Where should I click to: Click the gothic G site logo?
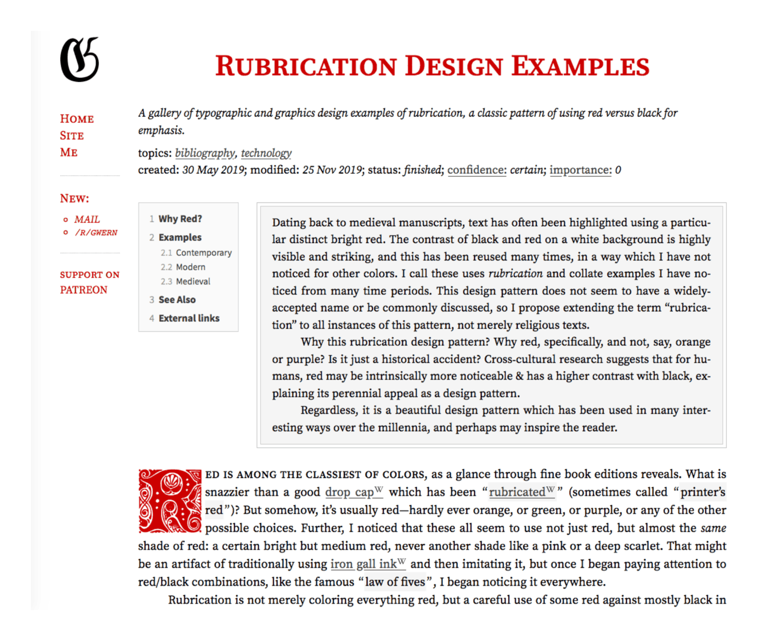point(79,60)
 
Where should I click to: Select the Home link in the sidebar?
point(77,119)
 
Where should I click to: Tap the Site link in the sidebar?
point(72,136)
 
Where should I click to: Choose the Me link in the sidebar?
point(69,152)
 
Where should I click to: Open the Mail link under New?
point(87,219)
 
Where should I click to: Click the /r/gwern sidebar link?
point(96,233)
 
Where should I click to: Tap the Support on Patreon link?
point(89,282)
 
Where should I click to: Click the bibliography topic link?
point(205,153)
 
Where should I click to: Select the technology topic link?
point(266,153)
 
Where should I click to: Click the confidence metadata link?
point(476,170)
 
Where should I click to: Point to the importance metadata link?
point(580,170)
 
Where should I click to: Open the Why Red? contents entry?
point(180,219)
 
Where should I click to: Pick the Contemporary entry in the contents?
point(203,253)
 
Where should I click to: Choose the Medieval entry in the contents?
point(193,281)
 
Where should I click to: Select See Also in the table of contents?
point(177,299)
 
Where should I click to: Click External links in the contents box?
point(189,318)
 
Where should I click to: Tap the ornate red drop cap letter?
point(169,501)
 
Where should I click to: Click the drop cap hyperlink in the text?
point(350,492)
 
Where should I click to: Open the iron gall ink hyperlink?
point(364,564)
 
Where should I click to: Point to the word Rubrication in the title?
point(305,66)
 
